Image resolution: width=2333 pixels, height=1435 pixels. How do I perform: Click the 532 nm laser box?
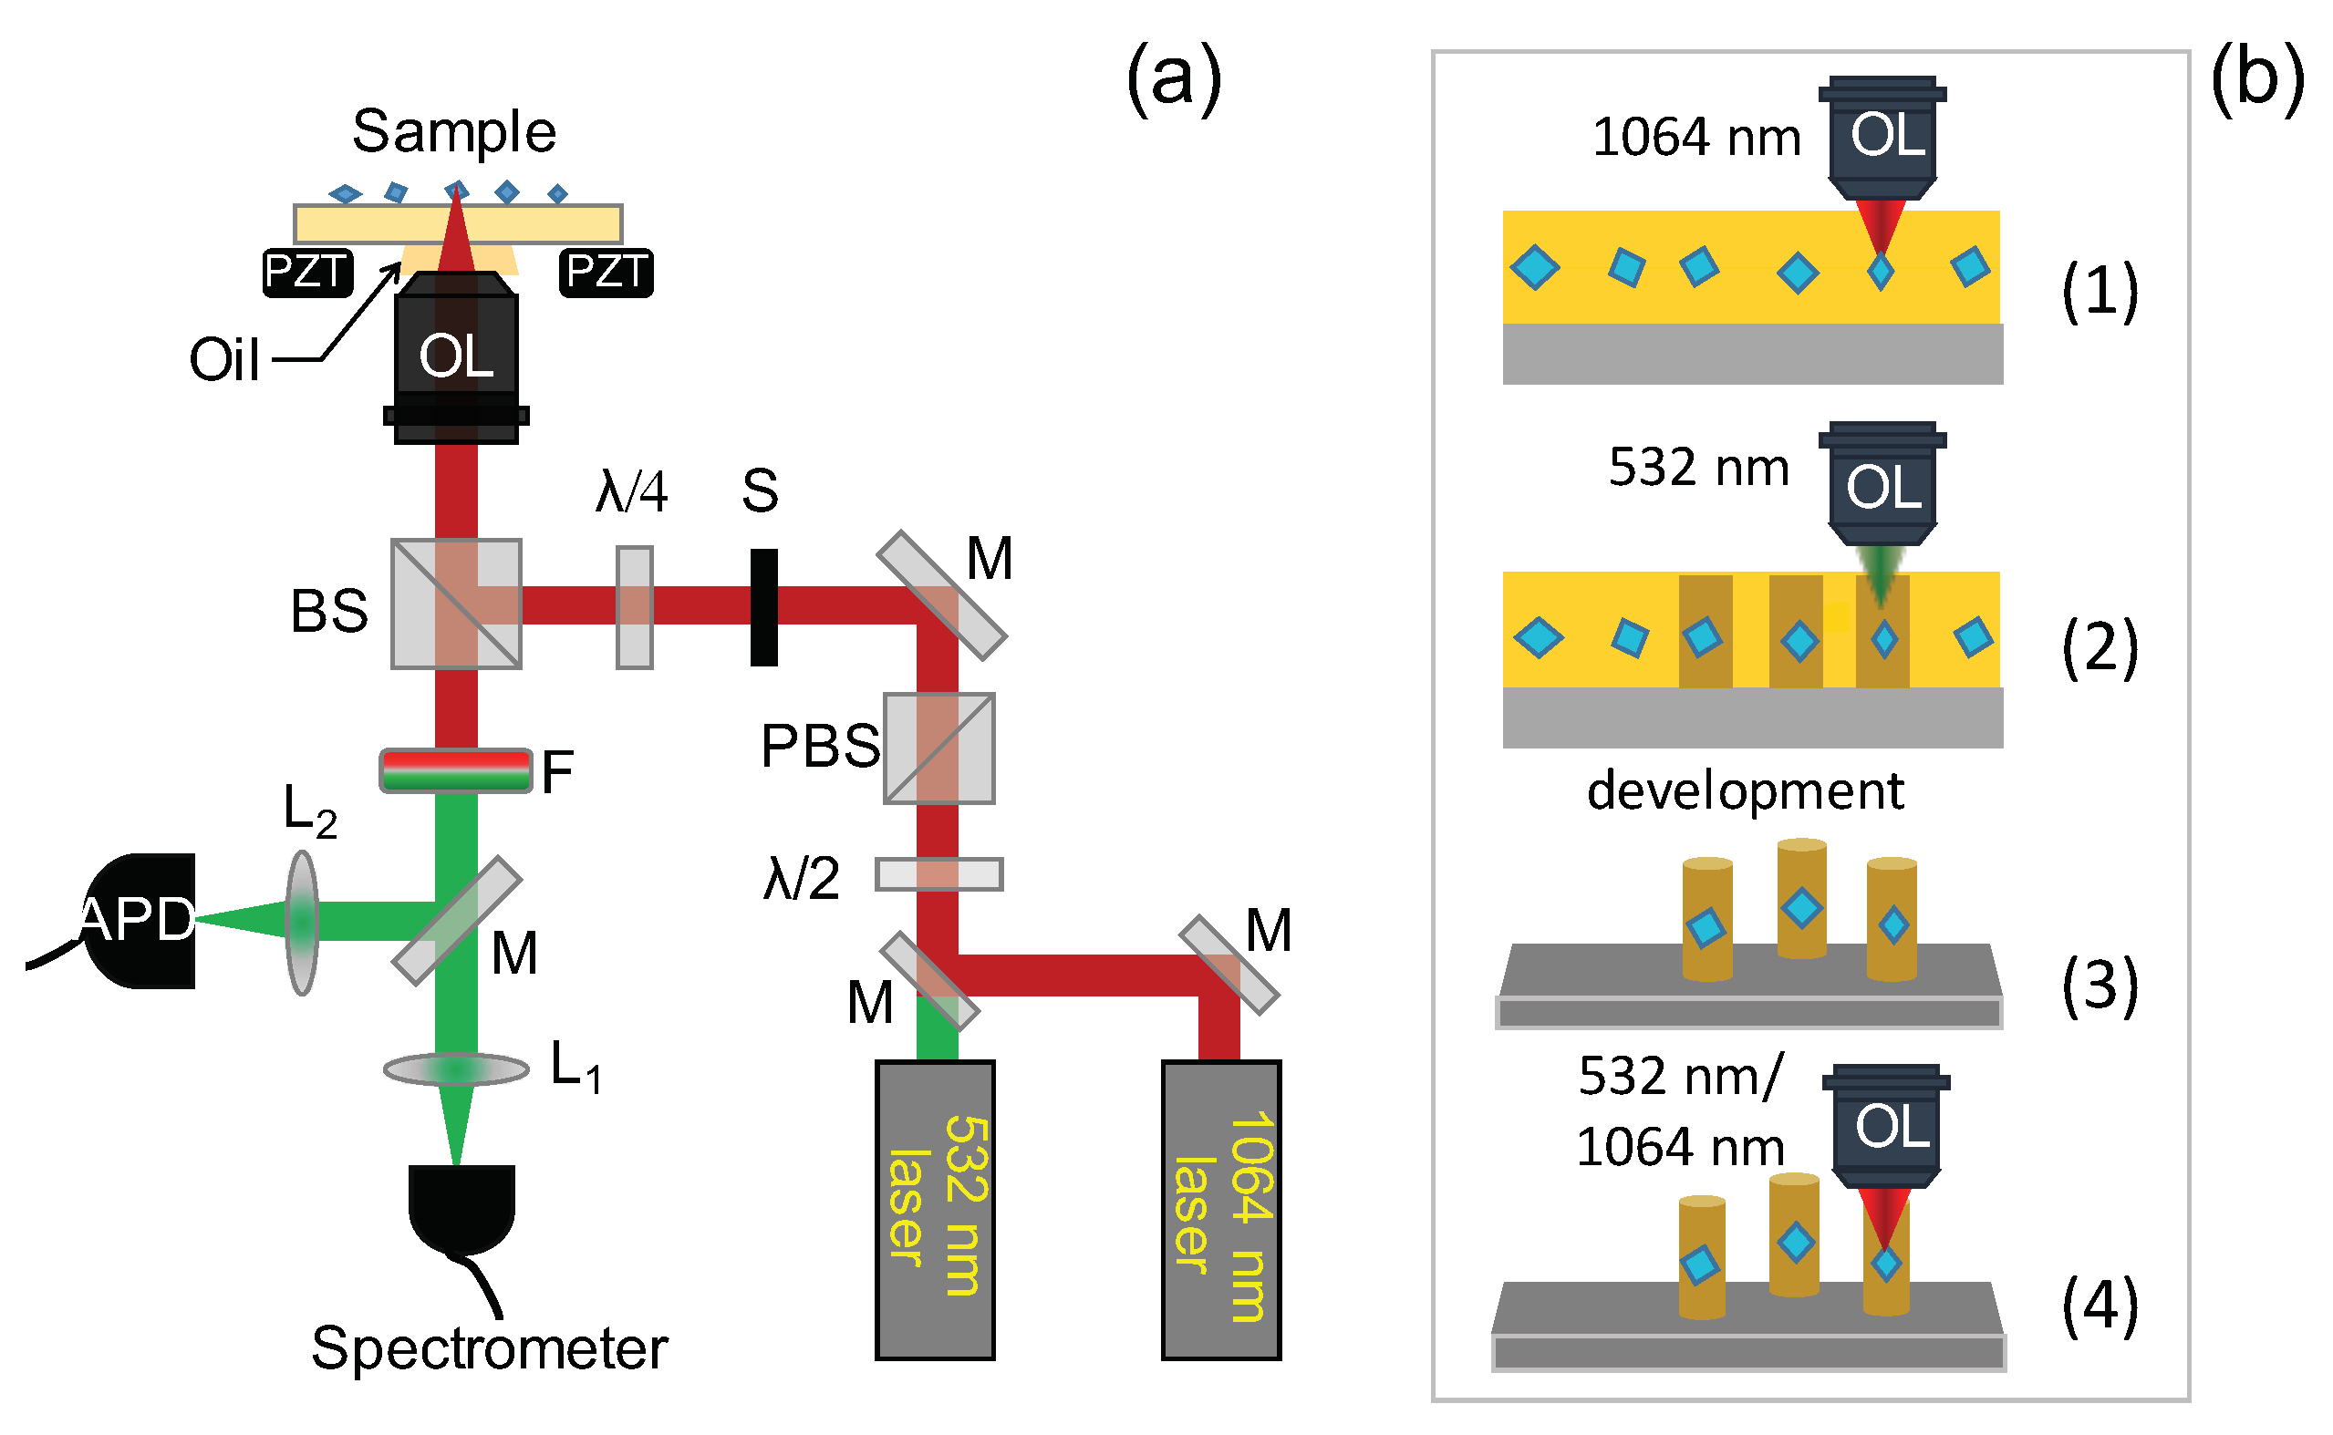point(935,1210)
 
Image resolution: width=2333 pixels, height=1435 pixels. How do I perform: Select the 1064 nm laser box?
point(1221,1210)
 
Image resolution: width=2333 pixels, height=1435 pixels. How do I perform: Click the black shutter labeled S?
point(764,607)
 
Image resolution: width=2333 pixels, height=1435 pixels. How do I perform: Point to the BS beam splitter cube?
point(457,604)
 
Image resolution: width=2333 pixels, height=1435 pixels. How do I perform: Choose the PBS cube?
point(939,748)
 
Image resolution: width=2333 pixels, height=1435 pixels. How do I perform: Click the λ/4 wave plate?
point(635,607)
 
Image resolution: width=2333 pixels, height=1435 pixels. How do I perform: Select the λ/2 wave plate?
point(939,874)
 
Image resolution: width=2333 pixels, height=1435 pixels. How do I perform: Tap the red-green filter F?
point(456,770)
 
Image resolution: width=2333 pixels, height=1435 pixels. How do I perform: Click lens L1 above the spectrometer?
point(457,1069)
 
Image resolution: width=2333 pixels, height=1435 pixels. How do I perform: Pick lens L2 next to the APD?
point(302,923)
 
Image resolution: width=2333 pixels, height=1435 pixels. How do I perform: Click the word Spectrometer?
point(490,1348)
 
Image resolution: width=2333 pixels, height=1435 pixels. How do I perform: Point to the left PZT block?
point(307,273)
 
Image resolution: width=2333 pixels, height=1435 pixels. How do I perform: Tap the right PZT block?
point(607,273)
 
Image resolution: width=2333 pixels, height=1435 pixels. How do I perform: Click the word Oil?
point(224,360)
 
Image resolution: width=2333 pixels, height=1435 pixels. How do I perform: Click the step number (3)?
point(2100,986)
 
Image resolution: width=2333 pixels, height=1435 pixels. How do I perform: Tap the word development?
point(1746,790)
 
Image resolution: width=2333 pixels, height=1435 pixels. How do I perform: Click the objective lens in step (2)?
point(1883,484)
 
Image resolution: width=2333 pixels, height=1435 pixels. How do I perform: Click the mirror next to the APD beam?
point(457,922)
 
